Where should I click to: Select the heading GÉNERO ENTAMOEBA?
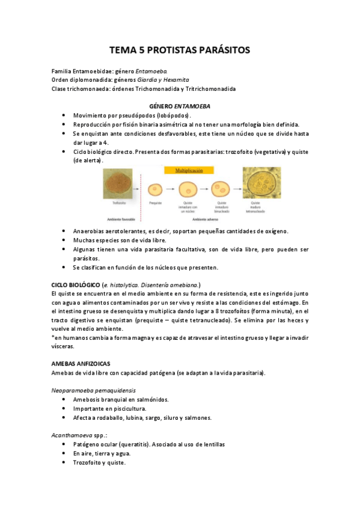tap(180, 106)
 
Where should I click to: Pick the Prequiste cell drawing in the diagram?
tap(156, 190)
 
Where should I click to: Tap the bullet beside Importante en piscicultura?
tap(64, 408)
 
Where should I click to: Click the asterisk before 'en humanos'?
tap(53, 338)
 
